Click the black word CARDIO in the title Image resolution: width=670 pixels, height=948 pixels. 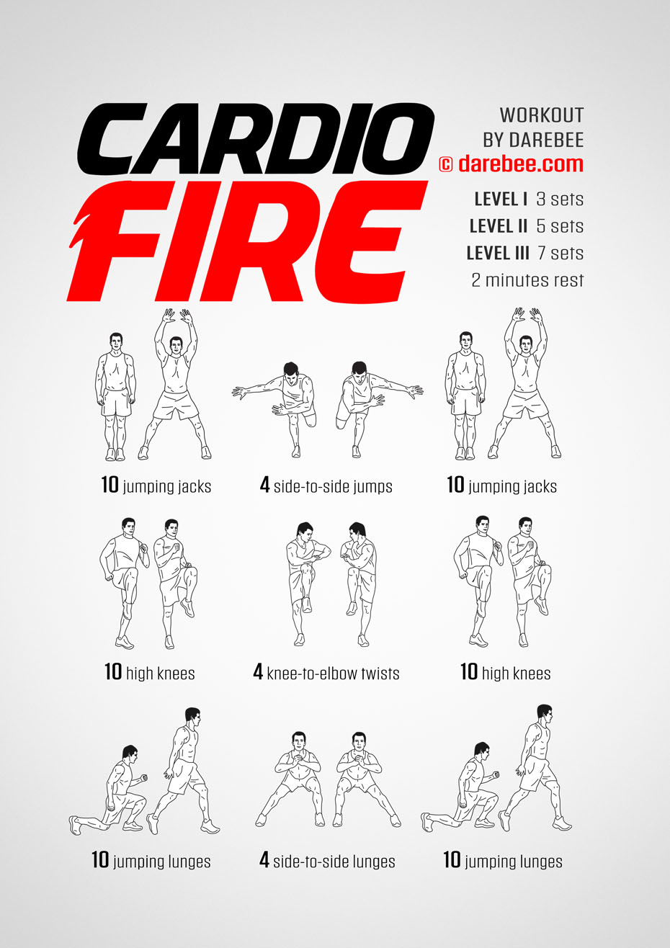click(255, 139)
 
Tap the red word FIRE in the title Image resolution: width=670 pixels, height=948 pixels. click(248, 241)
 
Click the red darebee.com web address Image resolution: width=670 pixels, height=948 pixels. click(521, 164)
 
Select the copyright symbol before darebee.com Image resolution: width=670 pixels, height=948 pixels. click(446, 164)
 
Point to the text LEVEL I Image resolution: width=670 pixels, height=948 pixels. click(501, 199)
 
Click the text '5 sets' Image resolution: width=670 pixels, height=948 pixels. click(560, 226)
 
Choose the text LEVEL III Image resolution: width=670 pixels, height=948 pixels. click(498, 253)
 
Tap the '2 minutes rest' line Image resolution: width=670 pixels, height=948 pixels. click(528, 280)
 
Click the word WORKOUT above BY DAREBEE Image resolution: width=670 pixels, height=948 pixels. click(542, 115)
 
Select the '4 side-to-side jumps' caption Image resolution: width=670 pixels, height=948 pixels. click(326, 486)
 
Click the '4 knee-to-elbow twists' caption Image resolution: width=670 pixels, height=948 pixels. click(326, 672)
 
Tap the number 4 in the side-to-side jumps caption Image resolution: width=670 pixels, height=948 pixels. click(264, 485)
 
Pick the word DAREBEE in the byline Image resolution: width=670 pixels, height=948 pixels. click(546, 140)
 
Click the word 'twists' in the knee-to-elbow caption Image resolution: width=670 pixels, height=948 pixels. click(380, 673)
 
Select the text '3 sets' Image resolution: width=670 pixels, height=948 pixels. click(560, 199)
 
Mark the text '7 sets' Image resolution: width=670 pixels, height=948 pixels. click(560, 253)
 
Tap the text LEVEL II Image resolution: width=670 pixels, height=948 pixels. click(499, 226)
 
